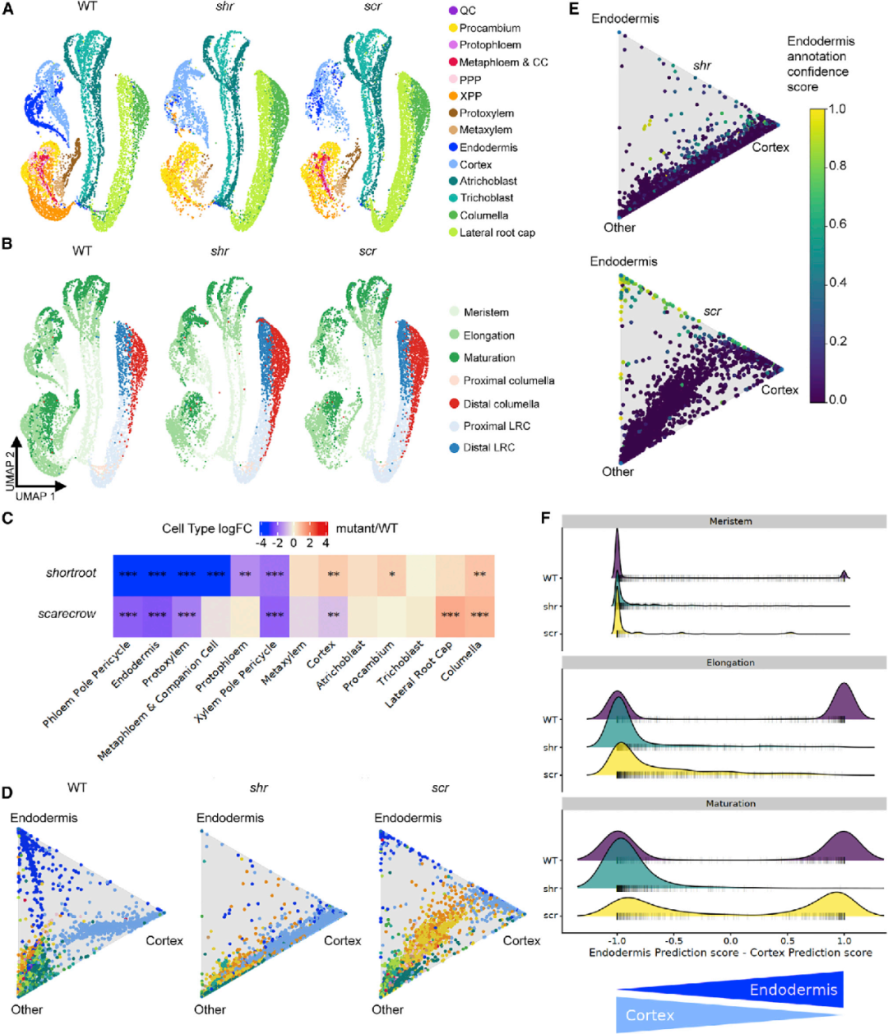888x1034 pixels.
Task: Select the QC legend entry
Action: click(467, 11)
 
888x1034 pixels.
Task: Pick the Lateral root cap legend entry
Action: click(497, 233)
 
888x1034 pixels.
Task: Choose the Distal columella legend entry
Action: click(501, 404)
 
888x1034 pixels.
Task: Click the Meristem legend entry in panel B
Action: click(485, 312)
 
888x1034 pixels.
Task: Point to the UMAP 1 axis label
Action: click(35, 496)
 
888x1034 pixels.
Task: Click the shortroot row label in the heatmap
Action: click(71, 573)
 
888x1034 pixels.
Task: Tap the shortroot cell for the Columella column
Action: click(479, 574)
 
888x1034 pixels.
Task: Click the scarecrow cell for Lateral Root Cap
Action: click(450, 615)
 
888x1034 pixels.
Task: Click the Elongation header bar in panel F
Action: click(730, 662)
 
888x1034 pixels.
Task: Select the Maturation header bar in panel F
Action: click(730, 804)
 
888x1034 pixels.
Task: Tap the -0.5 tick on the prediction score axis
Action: click(673, 940)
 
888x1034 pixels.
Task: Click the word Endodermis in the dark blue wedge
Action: click(793, 990)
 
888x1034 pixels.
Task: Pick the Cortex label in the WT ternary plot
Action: click(164, 941)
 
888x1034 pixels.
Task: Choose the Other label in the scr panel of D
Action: click(387, 1009)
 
